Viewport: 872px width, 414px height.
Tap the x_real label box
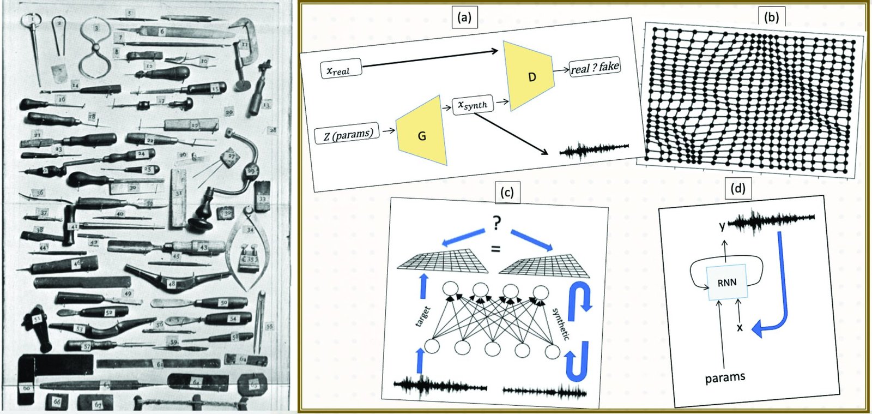[340, 70]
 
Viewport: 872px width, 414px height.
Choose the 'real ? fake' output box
[595, 68]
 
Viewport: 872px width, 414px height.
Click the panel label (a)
[464, 17]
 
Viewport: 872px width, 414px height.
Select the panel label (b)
[772, 17]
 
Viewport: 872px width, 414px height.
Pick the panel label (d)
[737, 188]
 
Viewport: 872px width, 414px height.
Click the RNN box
[727, 283]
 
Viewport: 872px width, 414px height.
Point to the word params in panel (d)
[725, 377]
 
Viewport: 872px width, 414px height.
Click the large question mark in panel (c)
[496, 224]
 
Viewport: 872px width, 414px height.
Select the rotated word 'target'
[423, 316]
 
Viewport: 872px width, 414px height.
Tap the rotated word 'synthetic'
[561, 324]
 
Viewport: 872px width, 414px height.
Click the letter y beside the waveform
[723, 226]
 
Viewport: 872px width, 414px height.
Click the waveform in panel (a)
[594, 148]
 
